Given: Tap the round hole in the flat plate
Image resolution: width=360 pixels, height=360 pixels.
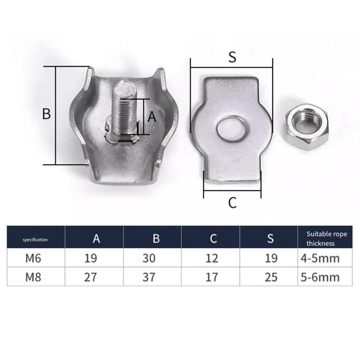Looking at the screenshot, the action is (232, 129).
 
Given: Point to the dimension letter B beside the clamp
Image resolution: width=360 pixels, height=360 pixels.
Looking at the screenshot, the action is (46, 113).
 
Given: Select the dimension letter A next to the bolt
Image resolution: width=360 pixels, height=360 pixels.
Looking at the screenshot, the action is (152, 117).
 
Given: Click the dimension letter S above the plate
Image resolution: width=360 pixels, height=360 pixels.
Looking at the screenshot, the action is (232, 57).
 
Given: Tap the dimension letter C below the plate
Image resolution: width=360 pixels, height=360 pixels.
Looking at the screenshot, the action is (232, 202).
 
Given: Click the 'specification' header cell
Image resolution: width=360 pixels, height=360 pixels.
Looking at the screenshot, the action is (35, 240).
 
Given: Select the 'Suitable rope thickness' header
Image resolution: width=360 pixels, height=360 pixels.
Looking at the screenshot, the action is (327, 238).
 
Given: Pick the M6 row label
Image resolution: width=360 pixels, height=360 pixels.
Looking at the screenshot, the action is (33, 258).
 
